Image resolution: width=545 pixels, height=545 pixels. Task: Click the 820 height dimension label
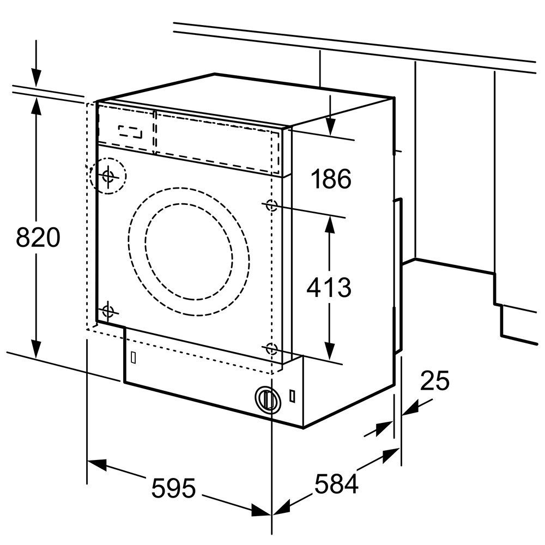click(38, 238)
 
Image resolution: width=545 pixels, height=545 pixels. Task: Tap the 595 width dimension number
click(173, 488)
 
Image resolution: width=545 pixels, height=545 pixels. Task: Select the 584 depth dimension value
click(336, 483)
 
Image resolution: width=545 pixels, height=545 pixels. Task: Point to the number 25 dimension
click(434, 380)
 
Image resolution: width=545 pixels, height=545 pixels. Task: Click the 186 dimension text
click(331, 179)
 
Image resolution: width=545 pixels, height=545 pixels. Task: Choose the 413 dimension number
click(329, 287)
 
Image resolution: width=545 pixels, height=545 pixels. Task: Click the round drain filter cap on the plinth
click(268, 399)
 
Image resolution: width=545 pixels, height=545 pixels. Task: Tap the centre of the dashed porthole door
click(189, 252)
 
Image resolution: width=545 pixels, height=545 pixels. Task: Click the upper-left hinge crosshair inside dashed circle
click(108, 176)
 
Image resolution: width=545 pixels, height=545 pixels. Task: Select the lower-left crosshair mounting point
click(108, 311)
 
